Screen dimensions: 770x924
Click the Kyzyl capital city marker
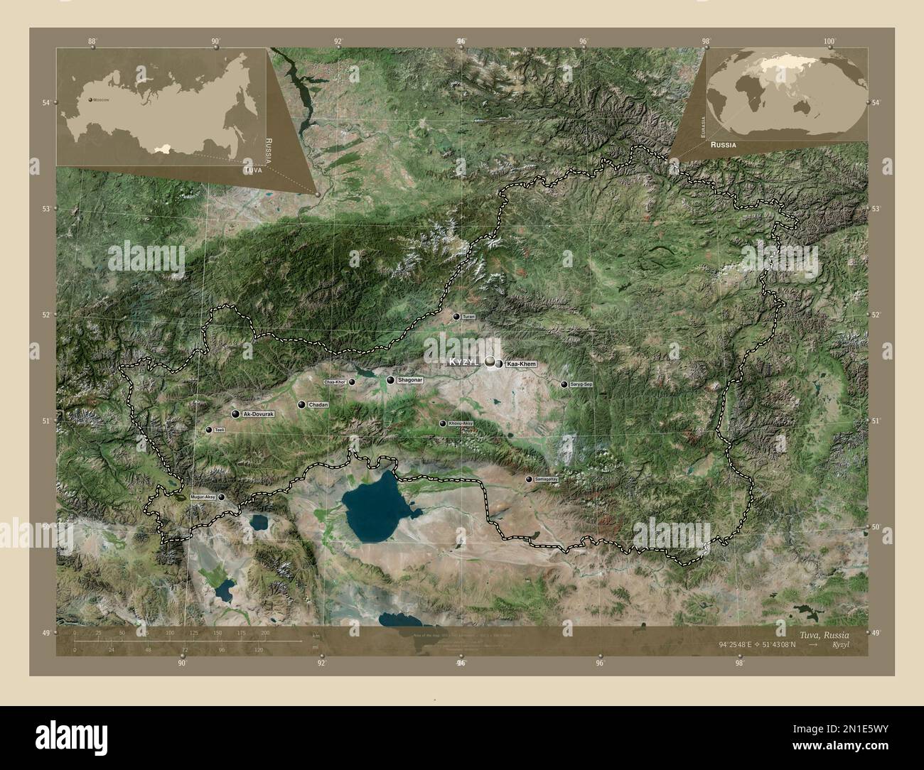(491, 363)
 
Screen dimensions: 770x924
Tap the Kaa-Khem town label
(521, 364)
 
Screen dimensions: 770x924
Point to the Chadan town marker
(302, 405)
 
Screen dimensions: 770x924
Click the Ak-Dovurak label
(257, 413)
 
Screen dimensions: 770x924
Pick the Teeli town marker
(209, 430)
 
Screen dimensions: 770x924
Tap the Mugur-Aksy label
(203, 497)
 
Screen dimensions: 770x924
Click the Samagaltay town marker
(528, 479)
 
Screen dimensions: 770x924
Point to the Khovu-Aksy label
(460, 423)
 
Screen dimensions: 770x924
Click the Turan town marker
(456, 316)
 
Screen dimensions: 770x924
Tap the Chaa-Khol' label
(335, 382)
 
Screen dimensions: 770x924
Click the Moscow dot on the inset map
(90, 100)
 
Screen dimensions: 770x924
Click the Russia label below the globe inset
(721, 144)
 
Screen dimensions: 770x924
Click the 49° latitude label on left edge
(46, 633)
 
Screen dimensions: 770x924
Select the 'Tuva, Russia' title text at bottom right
(819, 633)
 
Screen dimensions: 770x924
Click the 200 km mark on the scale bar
(265, 632)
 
